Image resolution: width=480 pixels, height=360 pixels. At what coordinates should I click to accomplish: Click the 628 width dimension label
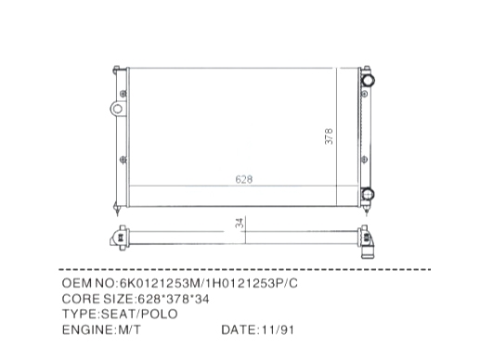click(x=244, y=179)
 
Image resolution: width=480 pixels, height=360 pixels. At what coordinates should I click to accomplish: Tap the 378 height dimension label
click(x=329, y=136)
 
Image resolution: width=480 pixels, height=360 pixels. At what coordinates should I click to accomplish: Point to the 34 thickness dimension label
click(x=240, y=223)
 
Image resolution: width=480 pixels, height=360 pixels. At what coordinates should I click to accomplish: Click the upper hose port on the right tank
click(x=368, y=80)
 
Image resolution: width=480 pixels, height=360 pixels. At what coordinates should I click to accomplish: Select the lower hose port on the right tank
click(x=368, y=194)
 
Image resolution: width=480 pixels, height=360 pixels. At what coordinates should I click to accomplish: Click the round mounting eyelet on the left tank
click(x=117, y=109)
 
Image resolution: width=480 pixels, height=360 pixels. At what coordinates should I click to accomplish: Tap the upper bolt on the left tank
click(x=123, y=94)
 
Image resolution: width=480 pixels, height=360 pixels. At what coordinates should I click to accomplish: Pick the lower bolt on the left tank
click(x=123, y=160)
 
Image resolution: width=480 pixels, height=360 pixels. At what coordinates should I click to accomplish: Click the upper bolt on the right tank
click(x=365, y=93)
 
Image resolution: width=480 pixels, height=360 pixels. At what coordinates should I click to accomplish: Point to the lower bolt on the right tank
click(x=365, y=160)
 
